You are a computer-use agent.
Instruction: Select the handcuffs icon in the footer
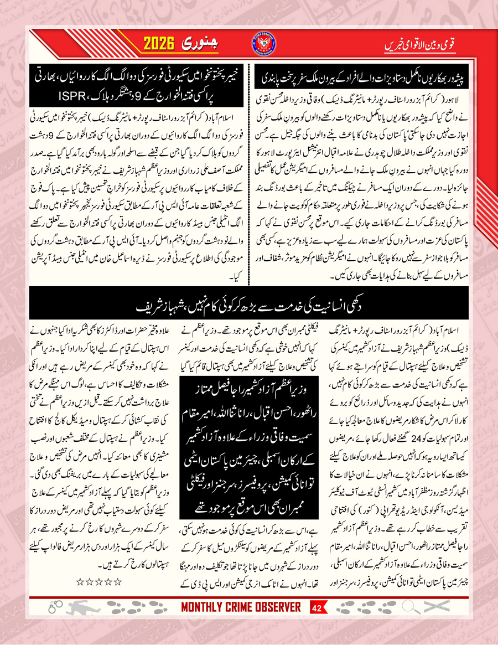tap(54, 608)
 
